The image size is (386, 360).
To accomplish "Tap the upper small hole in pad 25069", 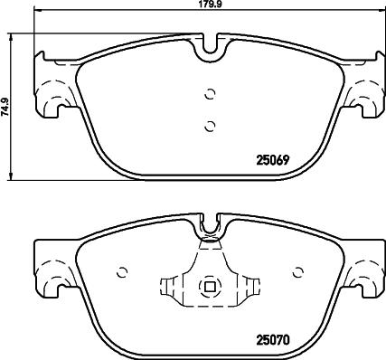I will pyautogui.click(x=210, y=92).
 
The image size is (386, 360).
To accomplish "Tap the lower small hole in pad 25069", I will pyautogui.click(x=210, y=125).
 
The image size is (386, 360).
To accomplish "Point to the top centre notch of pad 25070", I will pyautogui.click(x=210, y=223).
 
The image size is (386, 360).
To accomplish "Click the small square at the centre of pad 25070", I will pyautogui.click(x=210, y=289).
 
